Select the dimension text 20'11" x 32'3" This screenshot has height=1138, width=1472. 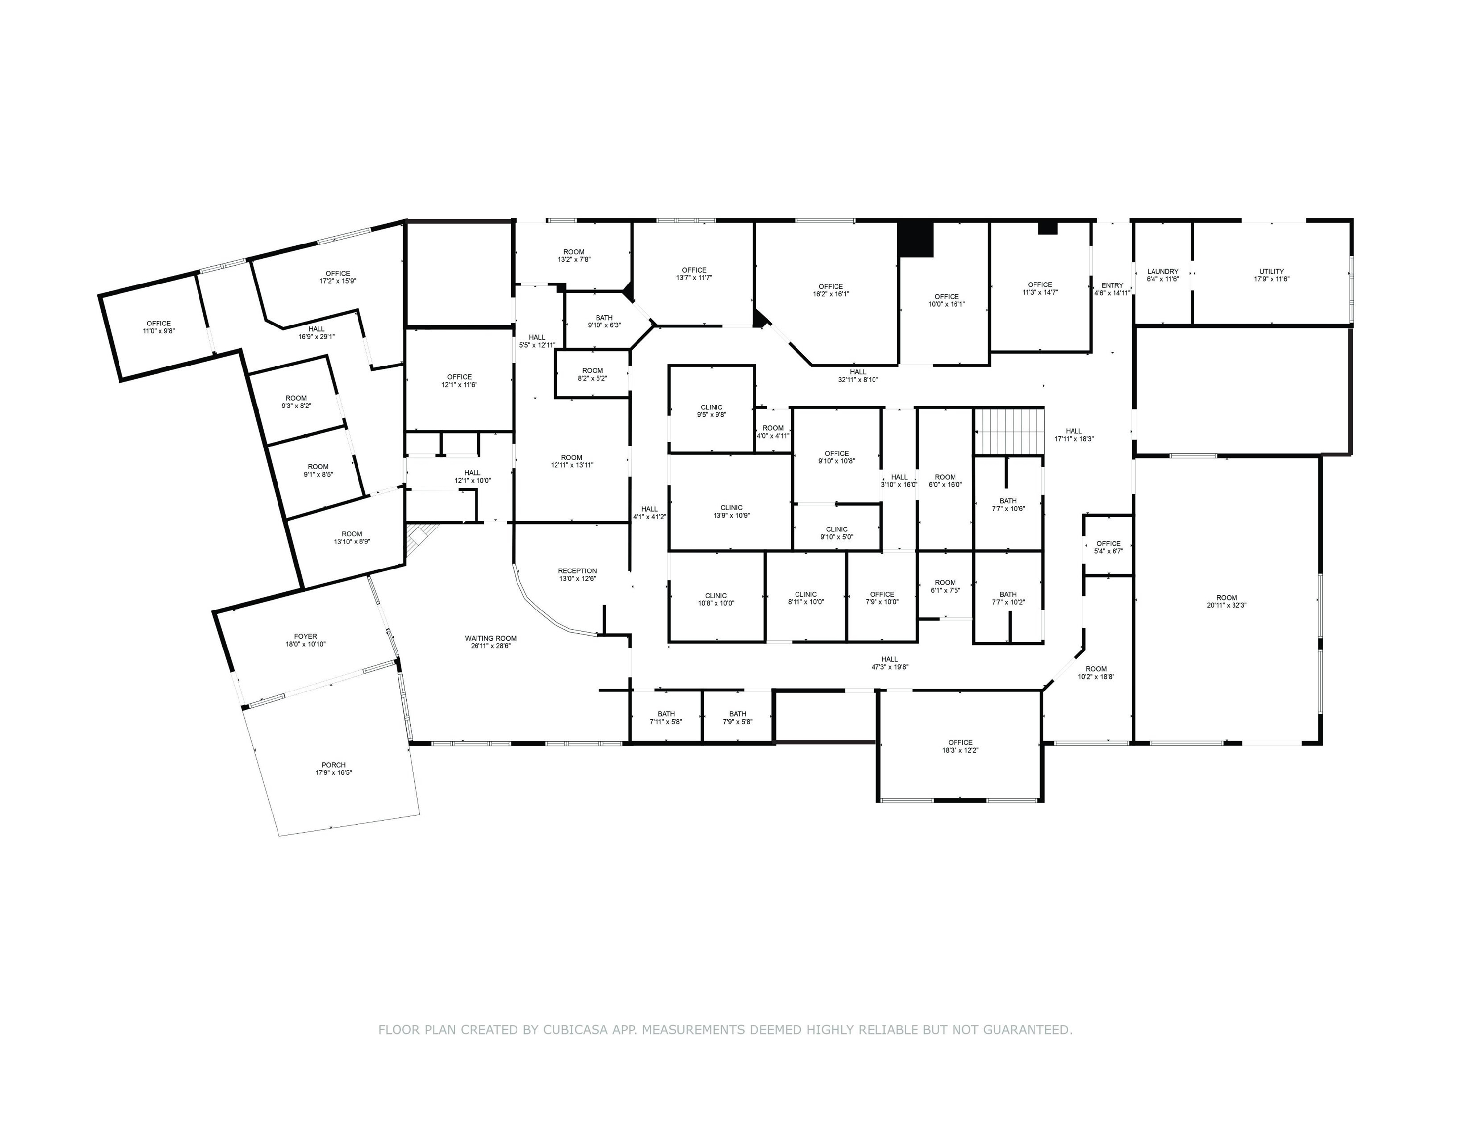pyautogui.click(x=1227, y=605)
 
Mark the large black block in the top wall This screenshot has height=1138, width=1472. pyautogui.click(x=915, y=240)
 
